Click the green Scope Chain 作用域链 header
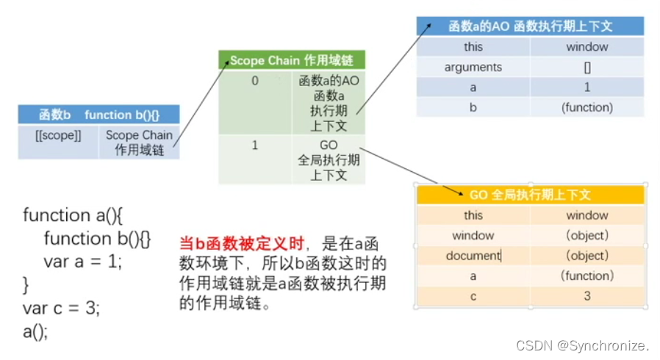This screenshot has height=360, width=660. [x=291, y=61]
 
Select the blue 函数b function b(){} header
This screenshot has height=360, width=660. [x=99, y=115]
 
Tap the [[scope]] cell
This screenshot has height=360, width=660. [x=58, y=135]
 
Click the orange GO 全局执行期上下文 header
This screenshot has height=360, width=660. [x=530, y=195]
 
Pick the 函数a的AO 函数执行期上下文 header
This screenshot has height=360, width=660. [x=530, y=26]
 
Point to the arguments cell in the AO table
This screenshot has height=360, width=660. [x=473, y=67]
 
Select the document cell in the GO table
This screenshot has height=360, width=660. [x=473, y=256]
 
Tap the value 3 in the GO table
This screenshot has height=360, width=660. [x=587, y=296]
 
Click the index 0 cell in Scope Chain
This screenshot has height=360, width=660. [x=255, y=82]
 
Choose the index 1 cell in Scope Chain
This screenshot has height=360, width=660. [x=255, y=145]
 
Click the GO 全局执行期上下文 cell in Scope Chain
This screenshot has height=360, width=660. [x=328, y=160]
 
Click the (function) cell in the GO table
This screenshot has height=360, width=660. [x=587, y=276]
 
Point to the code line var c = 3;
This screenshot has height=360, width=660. [x=61, y=308]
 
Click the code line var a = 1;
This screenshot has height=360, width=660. [x=82, y=261]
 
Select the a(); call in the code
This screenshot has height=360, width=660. [x=35, y=331]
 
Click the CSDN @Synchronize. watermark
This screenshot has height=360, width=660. [x=583, y=345]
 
